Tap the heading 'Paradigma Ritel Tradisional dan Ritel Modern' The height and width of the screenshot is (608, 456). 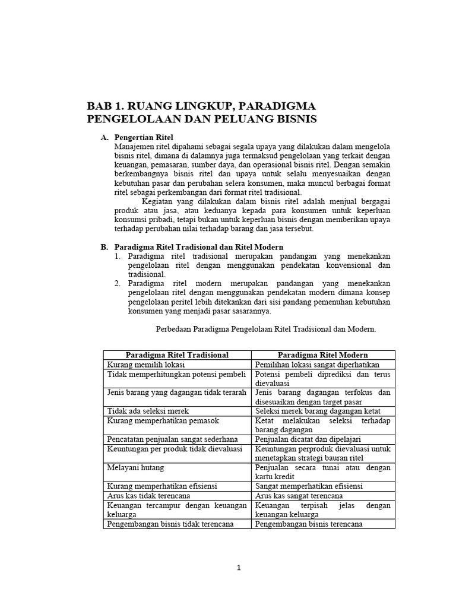[x=198, y=246]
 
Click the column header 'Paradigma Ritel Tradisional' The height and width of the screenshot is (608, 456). [x=177, y=354]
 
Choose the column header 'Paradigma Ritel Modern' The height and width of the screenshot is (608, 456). [x=322, y=354]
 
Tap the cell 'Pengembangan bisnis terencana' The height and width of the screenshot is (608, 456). [x=309, y=524]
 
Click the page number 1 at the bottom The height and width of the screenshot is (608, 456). [x=239, y=568]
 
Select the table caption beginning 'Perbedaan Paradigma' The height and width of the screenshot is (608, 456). [x=265, y=328]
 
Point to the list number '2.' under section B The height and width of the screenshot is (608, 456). [x=118, y=283]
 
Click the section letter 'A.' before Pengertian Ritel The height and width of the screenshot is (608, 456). [x=104, y=137]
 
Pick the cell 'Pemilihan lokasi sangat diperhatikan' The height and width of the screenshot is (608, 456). [x=317, y=365]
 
